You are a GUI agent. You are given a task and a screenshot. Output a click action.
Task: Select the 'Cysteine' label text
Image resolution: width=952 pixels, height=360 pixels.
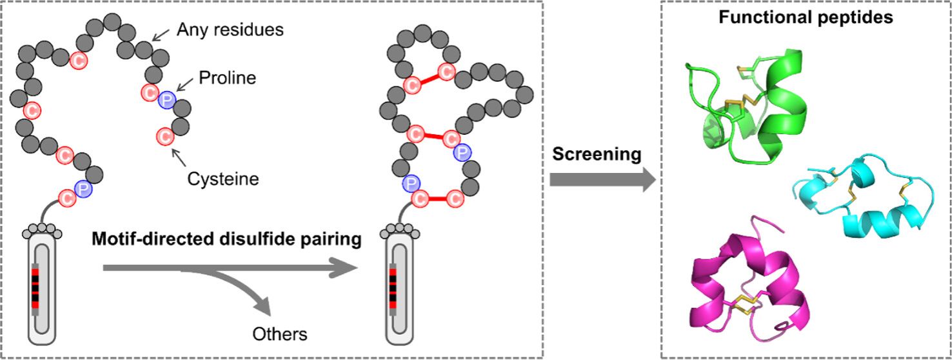coord(223,179)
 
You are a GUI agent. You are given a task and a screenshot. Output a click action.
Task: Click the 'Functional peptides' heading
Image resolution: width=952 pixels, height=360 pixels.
coord(806,17)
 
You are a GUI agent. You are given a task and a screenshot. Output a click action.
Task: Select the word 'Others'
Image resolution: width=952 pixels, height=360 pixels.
coord(280,334)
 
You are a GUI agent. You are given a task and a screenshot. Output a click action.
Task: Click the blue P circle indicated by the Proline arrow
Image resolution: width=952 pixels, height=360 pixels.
coord(167,98)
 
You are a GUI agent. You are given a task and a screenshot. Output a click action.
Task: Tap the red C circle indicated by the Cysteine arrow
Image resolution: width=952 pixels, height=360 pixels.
coord(166,136)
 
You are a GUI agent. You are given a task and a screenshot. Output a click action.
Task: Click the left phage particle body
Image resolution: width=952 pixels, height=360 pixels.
coord(45,284)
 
